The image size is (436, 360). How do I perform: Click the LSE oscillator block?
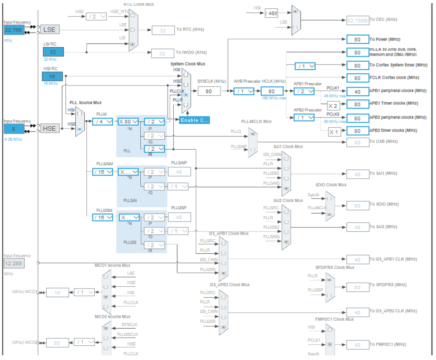50,30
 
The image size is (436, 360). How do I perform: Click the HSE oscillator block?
49,128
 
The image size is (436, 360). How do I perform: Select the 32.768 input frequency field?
14,30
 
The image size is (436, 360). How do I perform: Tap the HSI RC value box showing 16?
52,76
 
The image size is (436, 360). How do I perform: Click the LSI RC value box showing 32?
53,52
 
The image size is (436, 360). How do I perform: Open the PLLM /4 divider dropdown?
103,121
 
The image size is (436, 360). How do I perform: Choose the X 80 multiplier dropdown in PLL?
128,121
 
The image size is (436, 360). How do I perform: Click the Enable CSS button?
194,120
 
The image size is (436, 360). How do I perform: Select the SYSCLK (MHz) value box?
209,91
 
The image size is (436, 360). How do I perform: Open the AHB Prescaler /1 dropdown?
244,91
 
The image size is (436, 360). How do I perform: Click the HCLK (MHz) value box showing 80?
271,91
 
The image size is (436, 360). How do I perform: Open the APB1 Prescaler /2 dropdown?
304,91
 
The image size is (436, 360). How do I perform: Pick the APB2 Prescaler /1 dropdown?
304,118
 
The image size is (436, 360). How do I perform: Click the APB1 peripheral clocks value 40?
358,92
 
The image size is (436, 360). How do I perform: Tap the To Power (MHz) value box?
358,39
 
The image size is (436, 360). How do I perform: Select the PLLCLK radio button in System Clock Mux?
186,95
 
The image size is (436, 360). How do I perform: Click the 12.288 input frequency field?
14,263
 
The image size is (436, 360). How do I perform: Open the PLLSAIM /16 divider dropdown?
103,172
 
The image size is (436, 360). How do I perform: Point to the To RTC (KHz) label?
190,30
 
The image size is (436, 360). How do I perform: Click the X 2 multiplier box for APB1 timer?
333,106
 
